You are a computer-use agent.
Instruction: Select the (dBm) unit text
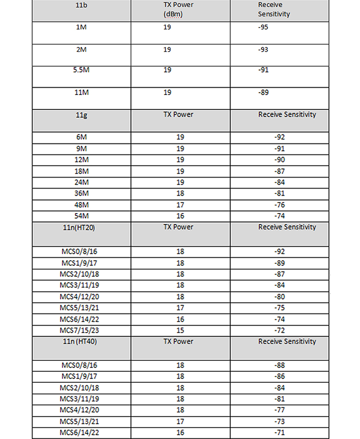174,14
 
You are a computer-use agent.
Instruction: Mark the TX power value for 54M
180,216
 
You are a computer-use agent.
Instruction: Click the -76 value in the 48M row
278,204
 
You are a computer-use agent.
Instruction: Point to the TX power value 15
180,330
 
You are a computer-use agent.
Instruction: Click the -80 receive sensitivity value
278,297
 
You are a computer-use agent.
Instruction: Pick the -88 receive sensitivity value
278,365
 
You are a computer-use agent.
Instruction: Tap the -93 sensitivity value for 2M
264,50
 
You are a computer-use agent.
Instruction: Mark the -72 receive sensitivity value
278,330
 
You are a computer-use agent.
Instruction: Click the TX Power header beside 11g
178,115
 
